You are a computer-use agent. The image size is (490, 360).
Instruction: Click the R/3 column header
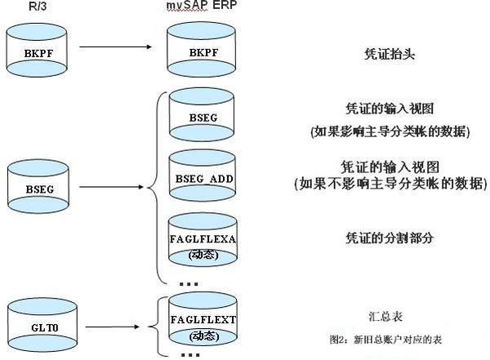coord(28,7)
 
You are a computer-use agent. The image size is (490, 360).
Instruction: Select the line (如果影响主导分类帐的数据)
coord(390,131)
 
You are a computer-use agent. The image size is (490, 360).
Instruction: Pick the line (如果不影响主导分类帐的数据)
coord(390,184)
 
